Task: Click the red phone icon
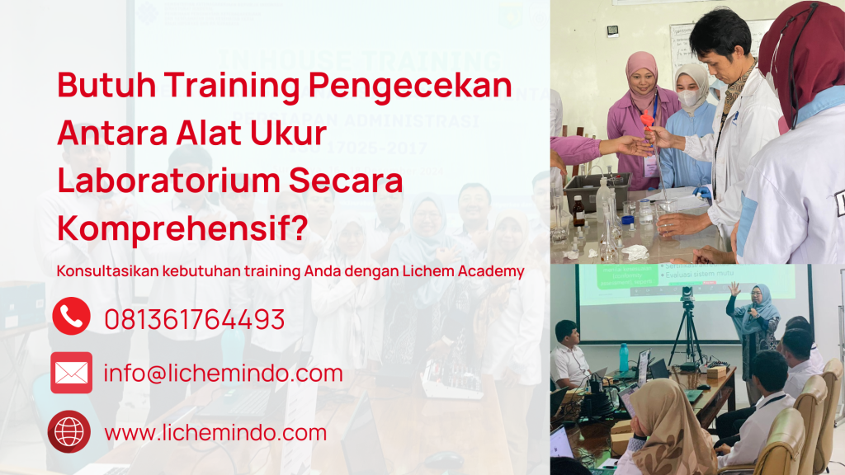(x=71, y=317)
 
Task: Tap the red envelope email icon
(x=71, y=373)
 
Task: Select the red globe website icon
(x=69, y=431)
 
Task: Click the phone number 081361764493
(x=194, y=319)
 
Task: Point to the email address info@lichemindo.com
(x=223, y=374)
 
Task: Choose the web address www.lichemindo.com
(x=215, y=432)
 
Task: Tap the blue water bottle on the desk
(x=624, y=357)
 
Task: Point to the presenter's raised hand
(x=733, y=288)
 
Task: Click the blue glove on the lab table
(x=702, y=191)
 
